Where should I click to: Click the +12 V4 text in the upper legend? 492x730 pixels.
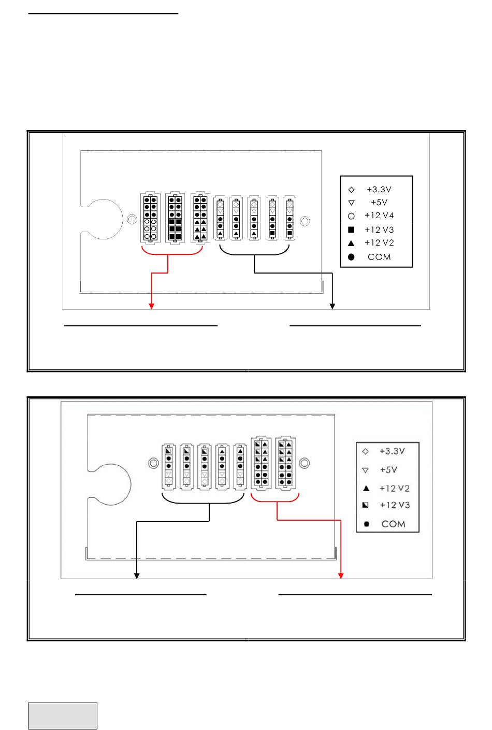tap(379, 216)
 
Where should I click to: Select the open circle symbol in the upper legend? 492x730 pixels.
tap(351, 216)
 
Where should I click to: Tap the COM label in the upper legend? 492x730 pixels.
tap(379, 257)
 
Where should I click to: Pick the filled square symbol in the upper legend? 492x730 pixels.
tap(351, 230)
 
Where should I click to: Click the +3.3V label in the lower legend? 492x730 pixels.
tap(392, 451)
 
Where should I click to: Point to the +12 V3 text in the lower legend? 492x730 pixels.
tap(395, 505)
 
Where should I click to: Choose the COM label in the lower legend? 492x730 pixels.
tap(393, 524)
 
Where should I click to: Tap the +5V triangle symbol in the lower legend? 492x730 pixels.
tap(366, 470)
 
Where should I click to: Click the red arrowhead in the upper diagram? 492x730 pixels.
tap(152, 306)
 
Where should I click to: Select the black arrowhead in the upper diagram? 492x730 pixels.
tap(332, 306)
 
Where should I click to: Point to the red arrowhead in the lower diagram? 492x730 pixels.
tap(341, 575)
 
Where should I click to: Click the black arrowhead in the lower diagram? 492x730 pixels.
tap(137, 575)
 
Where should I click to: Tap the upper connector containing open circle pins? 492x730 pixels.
tap(150, 218)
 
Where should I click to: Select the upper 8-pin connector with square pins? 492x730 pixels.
tap(175, 218)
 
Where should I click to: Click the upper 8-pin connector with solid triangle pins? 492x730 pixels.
tap(200, 218)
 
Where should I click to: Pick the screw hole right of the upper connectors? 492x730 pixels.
tap(305, 221)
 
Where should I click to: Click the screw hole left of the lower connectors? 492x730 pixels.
tap(153, 463)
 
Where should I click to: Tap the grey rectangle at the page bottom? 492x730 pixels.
tap(63, 715)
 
